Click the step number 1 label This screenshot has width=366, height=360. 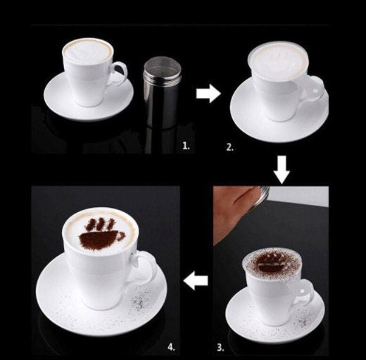click(x=186, y=147)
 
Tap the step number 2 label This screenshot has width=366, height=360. click(x=230, y=147)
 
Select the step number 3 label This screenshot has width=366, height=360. click(x=220, y=347)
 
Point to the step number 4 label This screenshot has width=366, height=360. click(x=172, y=347)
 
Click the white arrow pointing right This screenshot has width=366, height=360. click(x=208, y=94)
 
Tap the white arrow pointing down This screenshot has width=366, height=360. click(x=282, y=170)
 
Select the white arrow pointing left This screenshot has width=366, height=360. click(x=196, y=280)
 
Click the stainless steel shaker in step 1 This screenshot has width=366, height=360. click(x=163, y=92)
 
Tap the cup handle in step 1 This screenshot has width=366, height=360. click(x=118, y=73)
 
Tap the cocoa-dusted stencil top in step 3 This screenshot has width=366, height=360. click(x=272, y=264)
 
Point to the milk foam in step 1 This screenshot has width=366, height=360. click(x=88, y=51)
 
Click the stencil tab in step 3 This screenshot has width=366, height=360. click(x=306, y=291)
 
